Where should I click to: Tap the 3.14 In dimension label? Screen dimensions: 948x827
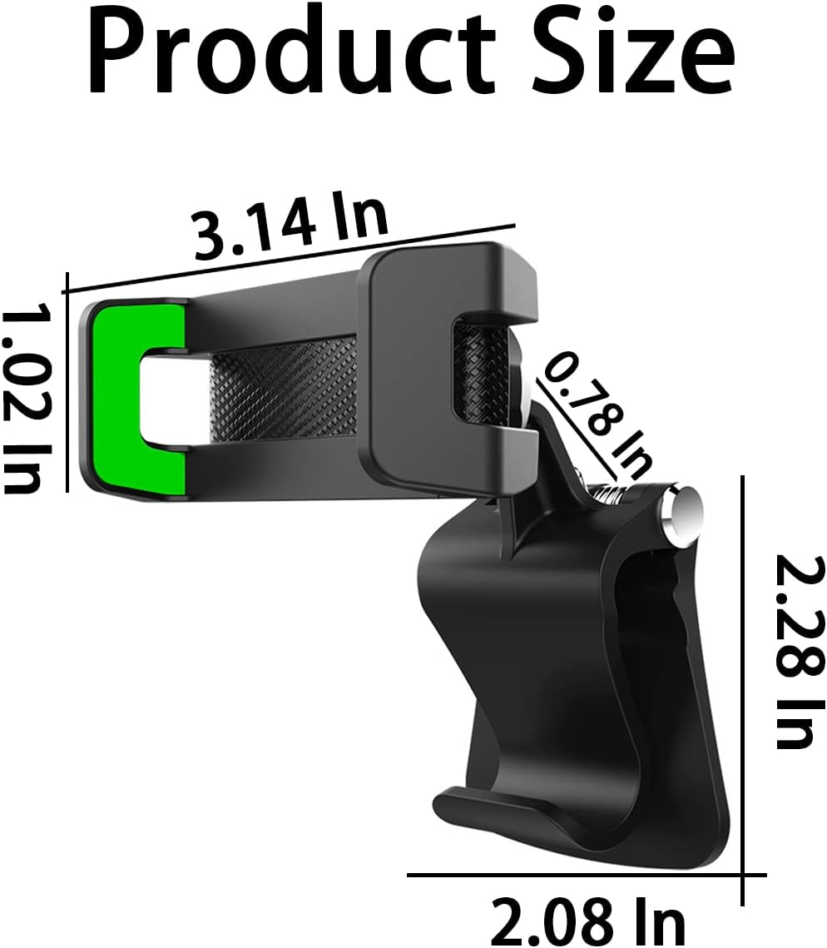point(290,221)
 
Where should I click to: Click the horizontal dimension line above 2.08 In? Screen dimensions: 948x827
point(582,875)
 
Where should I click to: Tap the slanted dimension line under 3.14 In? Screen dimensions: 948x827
point(290,258)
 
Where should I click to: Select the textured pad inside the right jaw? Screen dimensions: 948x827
point(478,370)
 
